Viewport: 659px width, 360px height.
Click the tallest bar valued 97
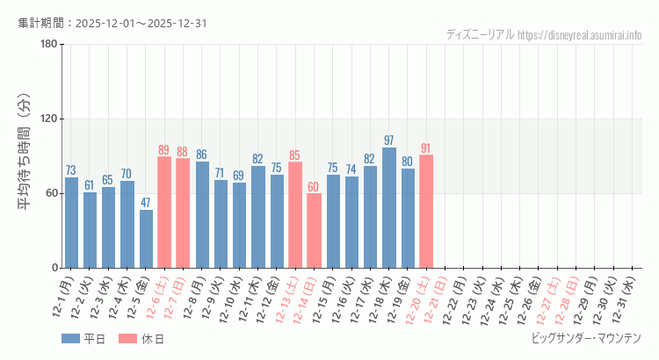coord(389,208)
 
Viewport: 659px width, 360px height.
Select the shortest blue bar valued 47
coord(146,239)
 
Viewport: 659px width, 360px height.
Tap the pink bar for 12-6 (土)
coord(164,212)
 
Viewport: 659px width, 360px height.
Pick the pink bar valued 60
coord(314,231)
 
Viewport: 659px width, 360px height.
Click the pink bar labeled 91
coord(426,212)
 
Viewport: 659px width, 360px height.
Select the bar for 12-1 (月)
coord(71,223)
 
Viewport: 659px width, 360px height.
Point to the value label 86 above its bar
coord(202,155)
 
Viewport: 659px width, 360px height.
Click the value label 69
coord(239,176)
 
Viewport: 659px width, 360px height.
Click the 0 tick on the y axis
coord(54,268)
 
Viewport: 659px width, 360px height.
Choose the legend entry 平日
coord(84,339)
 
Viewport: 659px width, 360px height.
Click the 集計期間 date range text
coord(112,23)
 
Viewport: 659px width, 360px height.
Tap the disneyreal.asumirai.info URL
coord(580,35)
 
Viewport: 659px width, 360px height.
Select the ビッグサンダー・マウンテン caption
coord(586,338)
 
